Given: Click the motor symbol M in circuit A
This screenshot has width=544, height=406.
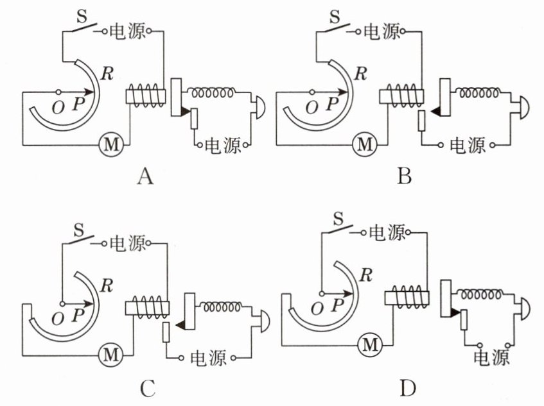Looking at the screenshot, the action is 111,144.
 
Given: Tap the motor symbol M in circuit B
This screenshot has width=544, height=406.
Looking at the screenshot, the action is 364,144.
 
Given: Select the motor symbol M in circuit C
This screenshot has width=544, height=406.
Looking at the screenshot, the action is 111,355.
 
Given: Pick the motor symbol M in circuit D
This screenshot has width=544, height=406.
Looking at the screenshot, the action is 370,344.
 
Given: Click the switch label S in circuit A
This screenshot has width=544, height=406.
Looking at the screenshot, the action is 82,15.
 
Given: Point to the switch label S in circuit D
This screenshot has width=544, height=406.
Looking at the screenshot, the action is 338,219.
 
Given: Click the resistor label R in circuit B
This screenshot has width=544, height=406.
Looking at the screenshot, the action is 360,74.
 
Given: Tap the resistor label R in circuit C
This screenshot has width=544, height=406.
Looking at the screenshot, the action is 107,286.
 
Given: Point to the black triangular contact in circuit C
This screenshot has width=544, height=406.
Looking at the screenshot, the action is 180,325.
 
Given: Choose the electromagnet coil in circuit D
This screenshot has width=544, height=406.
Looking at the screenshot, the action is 407,297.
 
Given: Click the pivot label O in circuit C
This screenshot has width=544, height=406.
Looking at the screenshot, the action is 58,319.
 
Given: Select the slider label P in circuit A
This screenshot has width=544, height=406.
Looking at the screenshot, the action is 78,103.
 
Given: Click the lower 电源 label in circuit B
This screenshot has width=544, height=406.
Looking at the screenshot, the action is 468,145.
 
